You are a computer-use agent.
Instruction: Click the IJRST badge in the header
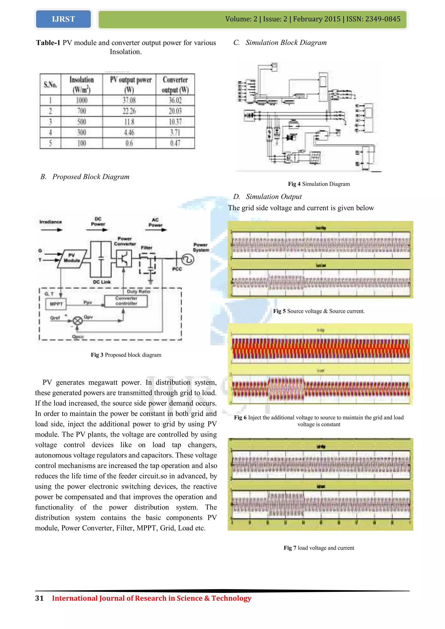tap(63, 19)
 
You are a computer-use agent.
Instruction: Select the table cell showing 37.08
tap(129, 100)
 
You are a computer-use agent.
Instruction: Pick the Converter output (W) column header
tap(175, 84)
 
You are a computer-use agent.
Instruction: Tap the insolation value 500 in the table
tap(82, 122)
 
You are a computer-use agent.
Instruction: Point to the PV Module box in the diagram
tap(72, 258)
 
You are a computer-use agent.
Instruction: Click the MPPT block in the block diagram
tap(56, 304)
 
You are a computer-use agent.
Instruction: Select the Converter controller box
tap(126, 301)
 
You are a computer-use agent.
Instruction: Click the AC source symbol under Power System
tap(188, 259)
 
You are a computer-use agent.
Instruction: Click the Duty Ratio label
tap(138, 291)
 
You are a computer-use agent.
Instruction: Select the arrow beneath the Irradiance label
tap(51, 230)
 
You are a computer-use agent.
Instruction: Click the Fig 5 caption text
tap(319, 311)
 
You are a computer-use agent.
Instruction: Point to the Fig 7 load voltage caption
tap(319, 548)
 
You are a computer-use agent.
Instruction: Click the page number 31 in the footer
tap(39, 598)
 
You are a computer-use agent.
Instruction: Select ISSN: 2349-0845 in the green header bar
tap(373, 19)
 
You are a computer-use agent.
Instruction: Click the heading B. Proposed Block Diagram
tap(85, 177)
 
